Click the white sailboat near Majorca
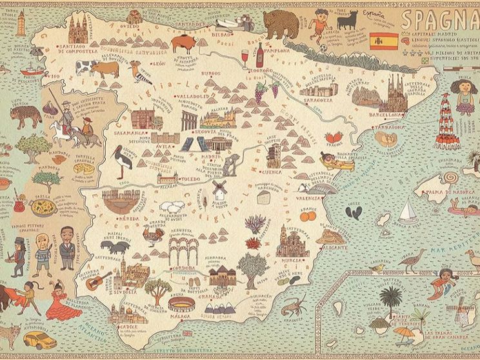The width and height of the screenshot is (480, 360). coord(408,212)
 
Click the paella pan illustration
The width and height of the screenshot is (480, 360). coord(44,208)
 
